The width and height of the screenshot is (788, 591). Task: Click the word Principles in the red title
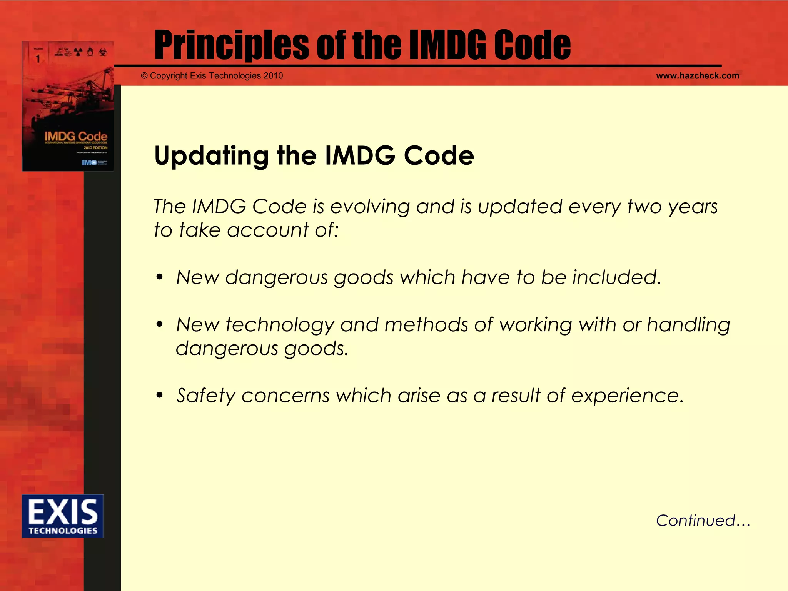[x=231, y=45]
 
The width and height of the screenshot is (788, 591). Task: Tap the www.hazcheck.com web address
[x=697, y=76]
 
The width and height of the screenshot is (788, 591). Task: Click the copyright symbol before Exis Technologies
[x=144, y=76]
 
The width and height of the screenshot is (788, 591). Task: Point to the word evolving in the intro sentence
[x=370, y=207]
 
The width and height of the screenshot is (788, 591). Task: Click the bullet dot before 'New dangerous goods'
[x=160, y=277]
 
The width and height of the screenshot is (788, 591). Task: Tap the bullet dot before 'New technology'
[x=160, y=325]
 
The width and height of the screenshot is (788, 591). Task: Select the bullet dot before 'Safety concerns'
[x=160, y=396]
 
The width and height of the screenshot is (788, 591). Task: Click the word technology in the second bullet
[x=280, y=326]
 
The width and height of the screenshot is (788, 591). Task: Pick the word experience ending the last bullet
[x=627, y=396]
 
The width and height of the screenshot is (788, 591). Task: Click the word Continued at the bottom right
[x=696, y=521]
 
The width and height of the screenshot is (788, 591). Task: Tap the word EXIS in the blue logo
[x=63, y=511]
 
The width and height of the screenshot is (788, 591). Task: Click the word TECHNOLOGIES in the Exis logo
[x=63, y=531]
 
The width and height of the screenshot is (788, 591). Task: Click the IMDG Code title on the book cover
[x=75, y=136]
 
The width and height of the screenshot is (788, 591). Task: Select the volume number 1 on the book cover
[x=38, y=59]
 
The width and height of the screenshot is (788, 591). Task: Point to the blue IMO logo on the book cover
[x=89, y=163]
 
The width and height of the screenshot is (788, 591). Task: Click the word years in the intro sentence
[x=693, y=207]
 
